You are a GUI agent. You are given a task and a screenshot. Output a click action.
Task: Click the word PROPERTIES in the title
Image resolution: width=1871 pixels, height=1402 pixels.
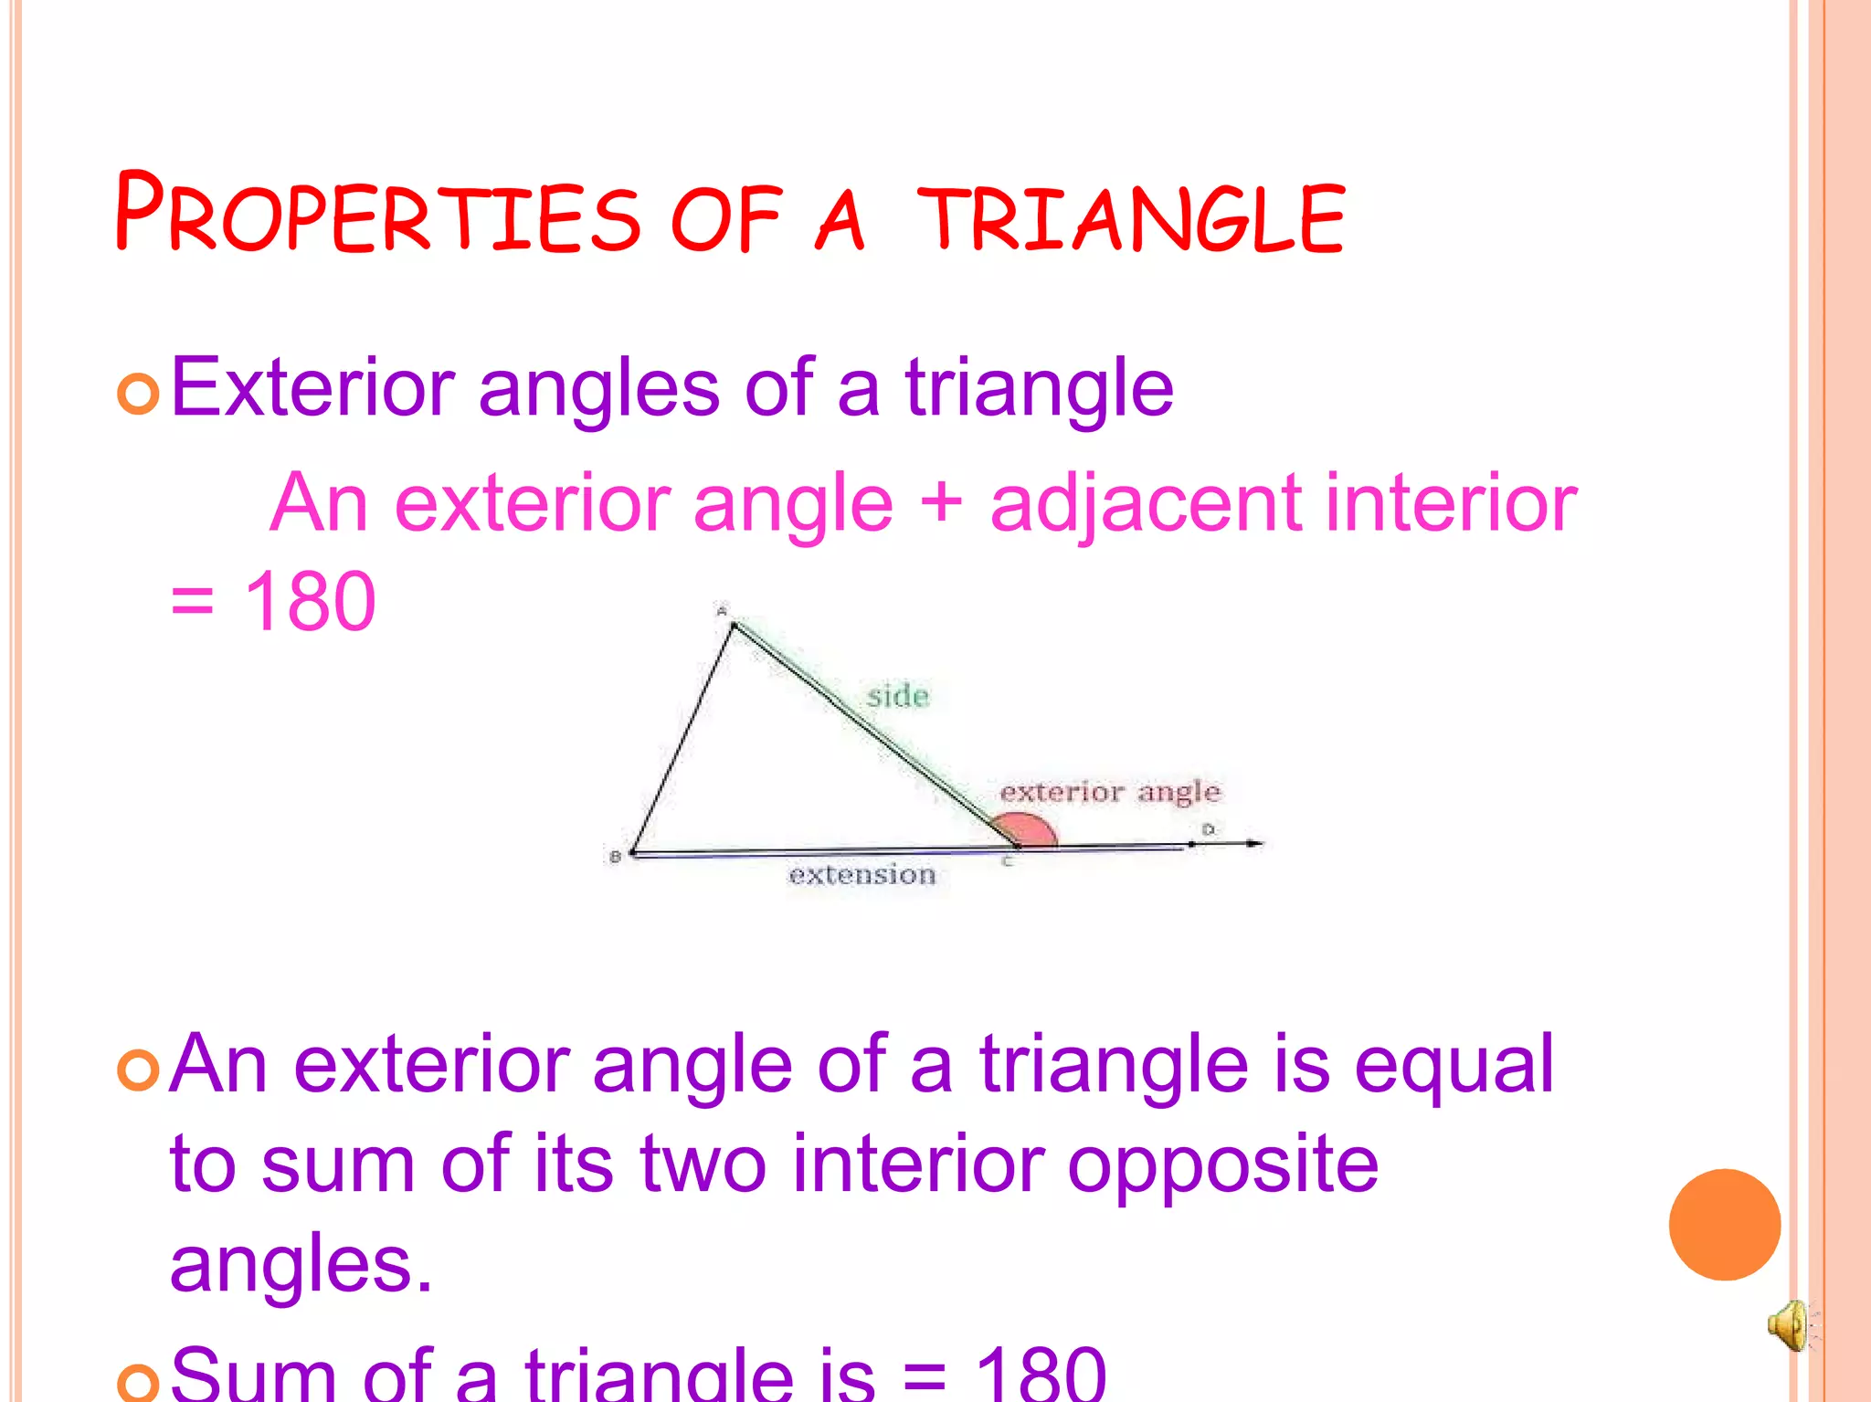(x=377, y=214)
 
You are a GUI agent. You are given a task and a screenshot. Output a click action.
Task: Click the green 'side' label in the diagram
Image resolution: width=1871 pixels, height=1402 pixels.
(x=898, y=696)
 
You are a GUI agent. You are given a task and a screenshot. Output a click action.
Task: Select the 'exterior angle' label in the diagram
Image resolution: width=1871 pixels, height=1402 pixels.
(x=1109, y=791)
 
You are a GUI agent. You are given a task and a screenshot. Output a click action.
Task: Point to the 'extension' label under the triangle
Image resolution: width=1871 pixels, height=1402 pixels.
(x=862, y=875)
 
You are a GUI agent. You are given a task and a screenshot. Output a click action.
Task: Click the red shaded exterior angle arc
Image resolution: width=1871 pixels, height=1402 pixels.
(x=1030, y=829)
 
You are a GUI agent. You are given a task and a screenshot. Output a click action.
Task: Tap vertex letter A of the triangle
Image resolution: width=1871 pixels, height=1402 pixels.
(x=722, y=610)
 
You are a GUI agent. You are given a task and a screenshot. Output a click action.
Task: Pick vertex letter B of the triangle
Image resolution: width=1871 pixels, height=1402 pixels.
(x=615, y=857)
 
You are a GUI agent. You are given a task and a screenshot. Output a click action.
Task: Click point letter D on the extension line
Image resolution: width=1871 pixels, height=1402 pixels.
(x=1208, y=829)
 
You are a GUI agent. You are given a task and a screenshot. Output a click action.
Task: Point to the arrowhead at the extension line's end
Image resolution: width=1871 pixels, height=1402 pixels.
(x=1256, y=843)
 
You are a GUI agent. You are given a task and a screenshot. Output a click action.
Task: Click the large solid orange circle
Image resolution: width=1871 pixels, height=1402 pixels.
(x=1724, y=1224)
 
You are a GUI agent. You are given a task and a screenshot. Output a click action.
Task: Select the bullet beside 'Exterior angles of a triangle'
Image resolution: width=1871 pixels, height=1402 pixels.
(x=139, y=394)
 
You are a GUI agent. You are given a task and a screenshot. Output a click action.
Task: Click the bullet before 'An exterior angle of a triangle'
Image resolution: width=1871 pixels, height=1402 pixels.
(x=139, y=1070)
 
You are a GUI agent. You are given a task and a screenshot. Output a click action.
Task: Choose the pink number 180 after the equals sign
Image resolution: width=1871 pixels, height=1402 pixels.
(x=310, y=602)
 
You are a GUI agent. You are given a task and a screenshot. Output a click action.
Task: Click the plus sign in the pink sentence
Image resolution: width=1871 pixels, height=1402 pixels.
(x=941, y=503)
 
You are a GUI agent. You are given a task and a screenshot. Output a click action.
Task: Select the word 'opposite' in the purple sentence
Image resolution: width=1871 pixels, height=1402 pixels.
(x=1222, y=1165)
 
